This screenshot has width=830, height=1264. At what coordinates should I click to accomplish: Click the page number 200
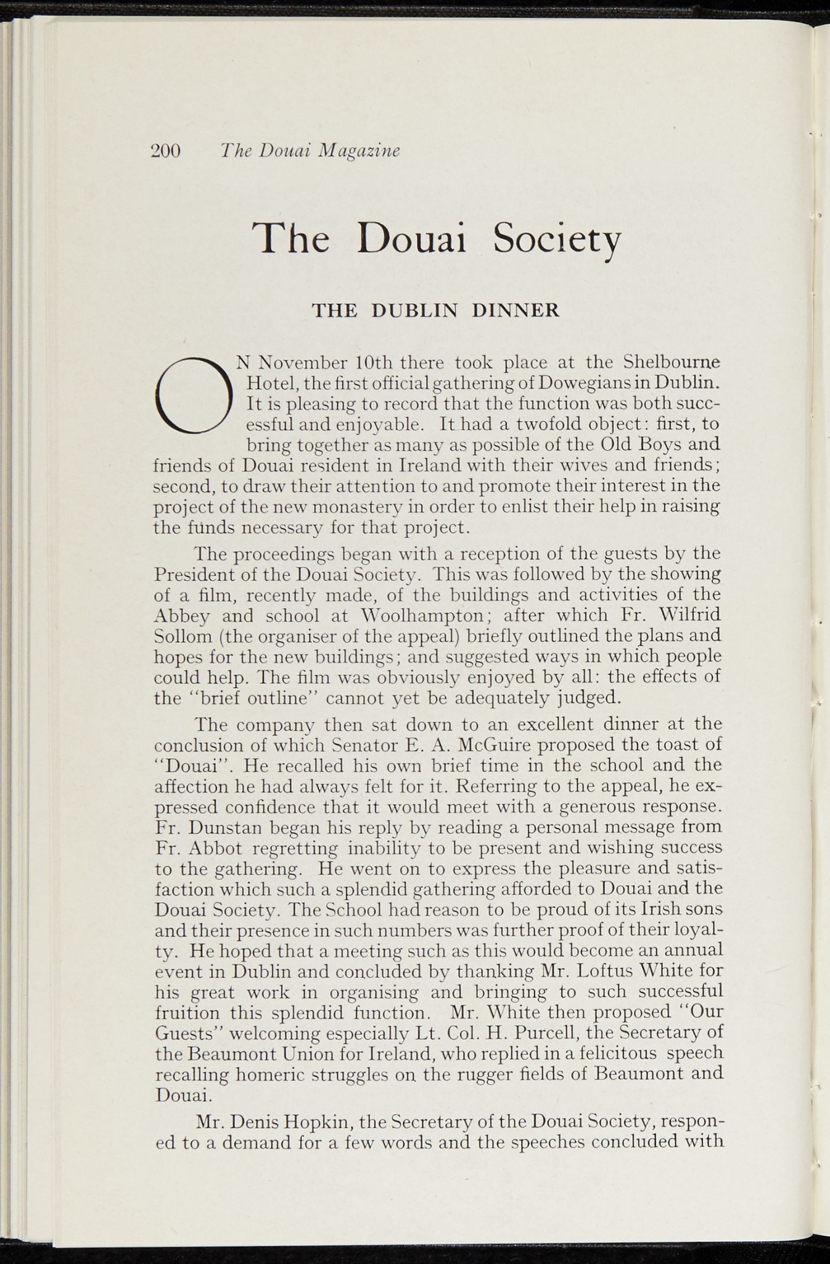(165, 151)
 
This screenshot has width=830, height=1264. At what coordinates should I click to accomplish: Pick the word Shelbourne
(672, 360)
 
